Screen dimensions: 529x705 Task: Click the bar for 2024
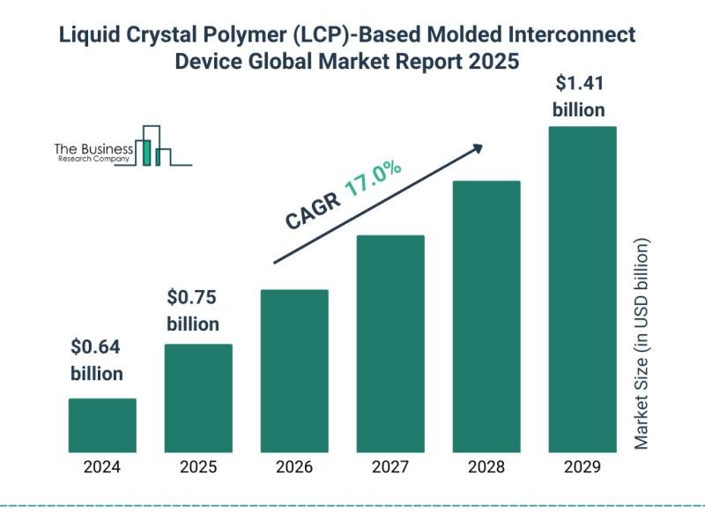(x=102, y=425)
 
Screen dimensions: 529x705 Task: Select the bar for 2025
(x=198, y=398)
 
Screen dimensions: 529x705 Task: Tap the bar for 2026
(x=294, y=370)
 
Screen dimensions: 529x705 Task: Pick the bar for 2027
(x=390, y=344)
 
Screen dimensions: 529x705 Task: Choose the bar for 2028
(x=486, y=317)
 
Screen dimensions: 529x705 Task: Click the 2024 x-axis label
(x=102, y=468)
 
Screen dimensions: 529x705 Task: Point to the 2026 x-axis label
(x=294, y=468)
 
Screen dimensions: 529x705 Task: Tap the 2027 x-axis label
(x=390, y=468)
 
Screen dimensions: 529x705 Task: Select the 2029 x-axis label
(x=583, y=468)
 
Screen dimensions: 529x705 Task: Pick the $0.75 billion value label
(x=193, y=309)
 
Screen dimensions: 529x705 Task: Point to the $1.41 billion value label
(x=578, y=97)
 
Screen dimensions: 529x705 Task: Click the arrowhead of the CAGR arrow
(x=478, y=147)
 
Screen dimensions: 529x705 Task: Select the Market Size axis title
(x=642, y=344)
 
